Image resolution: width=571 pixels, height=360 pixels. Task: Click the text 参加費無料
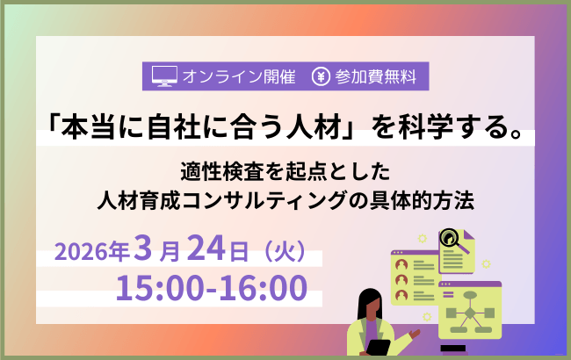pos(377,76)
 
